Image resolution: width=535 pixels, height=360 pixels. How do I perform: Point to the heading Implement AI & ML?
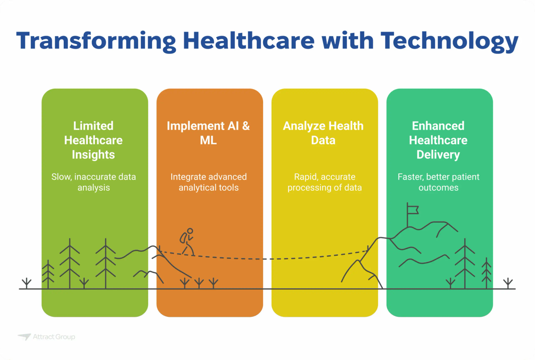click(x=209, y=133)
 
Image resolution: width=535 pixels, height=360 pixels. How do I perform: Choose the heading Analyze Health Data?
click(x=323, y=133)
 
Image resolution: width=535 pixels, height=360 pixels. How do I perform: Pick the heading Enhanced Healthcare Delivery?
click(x=438, y=140)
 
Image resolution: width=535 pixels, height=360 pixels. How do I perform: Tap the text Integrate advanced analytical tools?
click(x=209, y=182)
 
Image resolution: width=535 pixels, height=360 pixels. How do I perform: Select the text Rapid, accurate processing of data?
click(x=324, y=182)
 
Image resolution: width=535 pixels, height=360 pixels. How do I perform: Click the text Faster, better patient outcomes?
click(x=438, y=182)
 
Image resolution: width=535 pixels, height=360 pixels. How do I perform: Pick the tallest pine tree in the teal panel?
click(x=465, y=263)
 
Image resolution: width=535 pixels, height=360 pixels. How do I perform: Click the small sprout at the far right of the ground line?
click(x=507, y=283)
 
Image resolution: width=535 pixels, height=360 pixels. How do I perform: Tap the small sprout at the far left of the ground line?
click(x=27, y=283)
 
